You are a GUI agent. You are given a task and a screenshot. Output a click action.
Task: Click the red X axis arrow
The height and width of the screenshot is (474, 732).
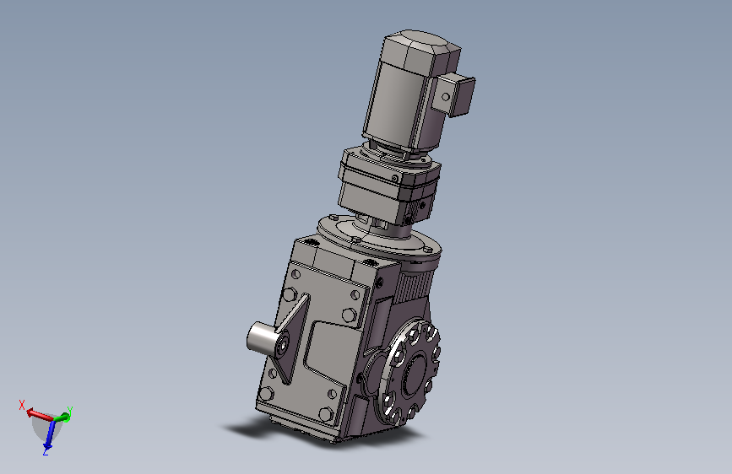39,415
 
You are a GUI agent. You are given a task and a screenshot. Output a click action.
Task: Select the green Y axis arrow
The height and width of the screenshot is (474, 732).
62,417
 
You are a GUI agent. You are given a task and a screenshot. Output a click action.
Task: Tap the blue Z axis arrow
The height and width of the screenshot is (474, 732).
49,434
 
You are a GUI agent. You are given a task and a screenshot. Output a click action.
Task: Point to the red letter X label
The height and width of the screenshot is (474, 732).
21,405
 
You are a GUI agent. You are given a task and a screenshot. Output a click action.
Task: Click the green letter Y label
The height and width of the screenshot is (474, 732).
69,411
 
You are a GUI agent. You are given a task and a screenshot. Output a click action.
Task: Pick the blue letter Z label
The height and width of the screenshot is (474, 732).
46,451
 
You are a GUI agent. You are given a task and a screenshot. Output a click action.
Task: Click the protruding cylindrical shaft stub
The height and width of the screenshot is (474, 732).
262,337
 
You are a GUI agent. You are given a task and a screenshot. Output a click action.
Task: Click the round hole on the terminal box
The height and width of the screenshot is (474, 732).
446,97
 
